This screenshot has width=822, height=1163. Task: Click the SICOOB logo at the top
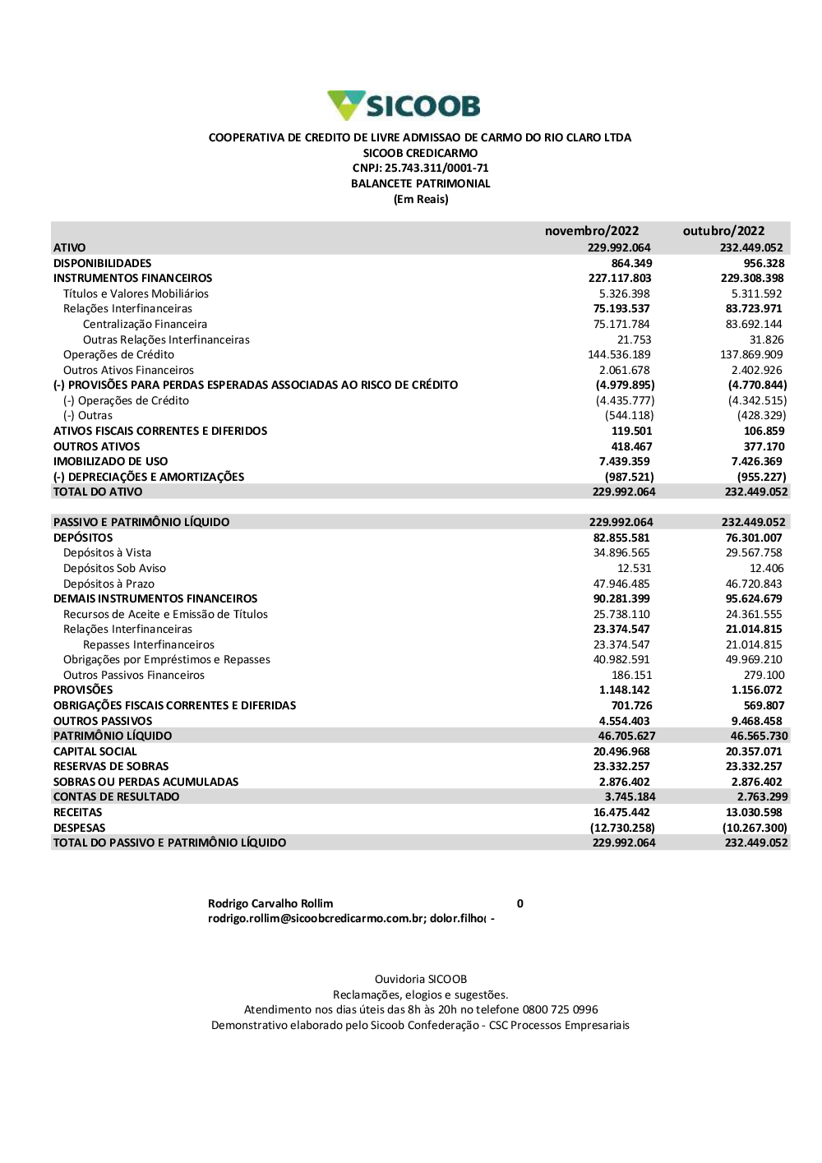pos(404,106)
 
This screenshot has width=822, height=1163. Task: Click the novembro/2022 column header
pos(591,231)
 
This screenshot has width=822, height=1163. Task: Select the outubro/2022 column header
pos(723,231)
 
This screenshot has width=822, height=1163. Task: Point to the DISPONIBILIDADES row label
pos(103,263)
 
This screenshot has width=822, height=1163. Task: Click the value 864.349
pos(631,263)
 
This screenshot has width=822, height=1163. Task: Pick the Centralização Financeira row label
pos(145,324)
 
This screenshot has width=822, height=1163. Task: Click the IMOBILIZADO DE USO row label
pos(110,461)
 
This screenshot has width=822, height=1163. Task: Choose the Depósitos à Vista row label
pos(107,552)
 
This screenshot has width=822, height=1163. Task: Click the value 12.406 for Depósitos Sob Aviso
pos(766,568)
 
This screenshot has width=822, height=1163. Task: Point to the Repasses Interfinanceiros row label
pos(148,644)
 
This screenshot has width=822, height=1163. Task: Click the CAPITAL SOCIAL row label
pos(95,751)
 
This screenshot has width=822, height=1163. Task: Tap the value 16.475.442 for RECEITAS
pos(621,812)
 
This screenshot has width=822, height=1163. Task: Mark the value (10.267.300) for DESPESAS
pos(755,828)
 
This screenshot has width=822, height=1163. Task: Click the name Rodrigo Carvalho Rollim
pos(270,903)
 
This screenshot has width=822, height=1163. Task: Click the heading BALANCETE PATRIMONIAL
pos(420,184)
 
